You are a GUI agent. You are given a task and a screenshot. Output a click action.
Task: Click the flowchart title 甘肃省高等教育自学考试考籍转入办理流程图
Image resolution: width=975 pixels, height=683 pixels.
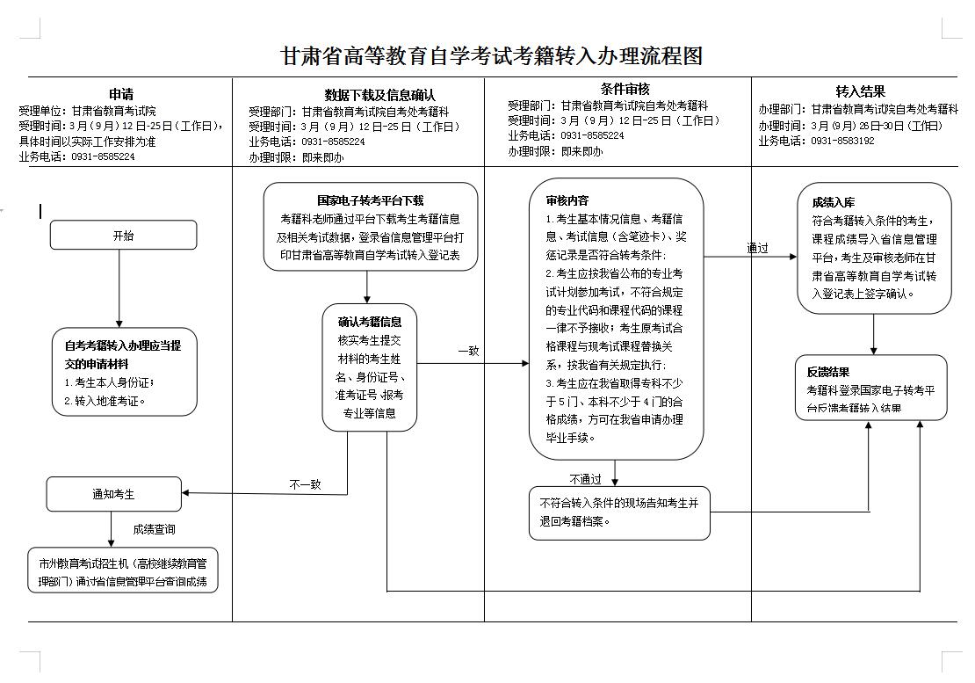pos(491,57)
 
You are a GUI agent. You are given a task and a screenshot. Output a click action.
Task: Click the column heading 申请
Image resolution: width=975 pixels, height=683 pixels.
pos(121,94)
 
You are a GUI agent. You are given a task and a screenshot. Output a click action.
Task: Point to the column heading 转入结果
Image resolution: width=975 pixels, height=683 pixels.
pos(860,91)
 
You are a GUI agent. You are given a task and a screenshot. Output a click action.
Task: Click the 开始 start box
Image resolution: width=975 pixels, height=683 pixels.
pos(123,236)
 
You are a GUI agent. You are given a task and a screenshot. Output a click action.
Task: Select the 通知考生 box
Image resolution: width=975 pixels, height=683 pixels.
pos(113,494)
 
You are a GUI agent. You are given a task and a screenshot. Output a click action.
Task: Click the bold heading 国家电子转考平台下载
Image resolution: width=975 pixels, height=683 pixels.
pos(370,201)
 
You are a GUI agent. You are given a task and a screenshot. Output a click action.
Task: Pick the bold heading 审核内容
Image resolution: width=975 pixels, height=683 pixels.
pos(567,200)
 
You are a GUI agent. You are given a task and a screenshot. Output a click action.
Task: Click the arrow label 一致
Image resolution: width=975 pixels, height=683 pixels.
pos(468,351)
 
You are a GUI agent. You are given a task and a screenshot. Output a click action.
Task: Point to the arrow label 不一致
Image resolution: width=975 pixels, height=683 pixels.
pos(305,483)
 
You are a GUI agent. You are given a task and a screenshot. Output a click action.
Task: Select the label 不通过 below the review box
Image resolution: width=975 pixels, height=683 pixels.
pos(585,479)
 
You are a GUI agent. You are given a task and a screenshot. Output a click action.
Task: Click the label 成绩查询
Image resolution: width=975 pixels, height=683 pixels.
pos(154,529)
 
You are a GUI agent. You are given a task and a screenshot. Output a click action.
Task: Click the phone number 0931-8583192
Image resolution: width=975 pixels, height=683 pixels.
pos(842,141)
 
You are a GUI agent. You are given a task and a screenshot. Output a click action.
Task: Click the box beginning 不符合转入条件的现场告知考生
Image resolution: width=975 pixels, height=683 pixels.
pos(618,512)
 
